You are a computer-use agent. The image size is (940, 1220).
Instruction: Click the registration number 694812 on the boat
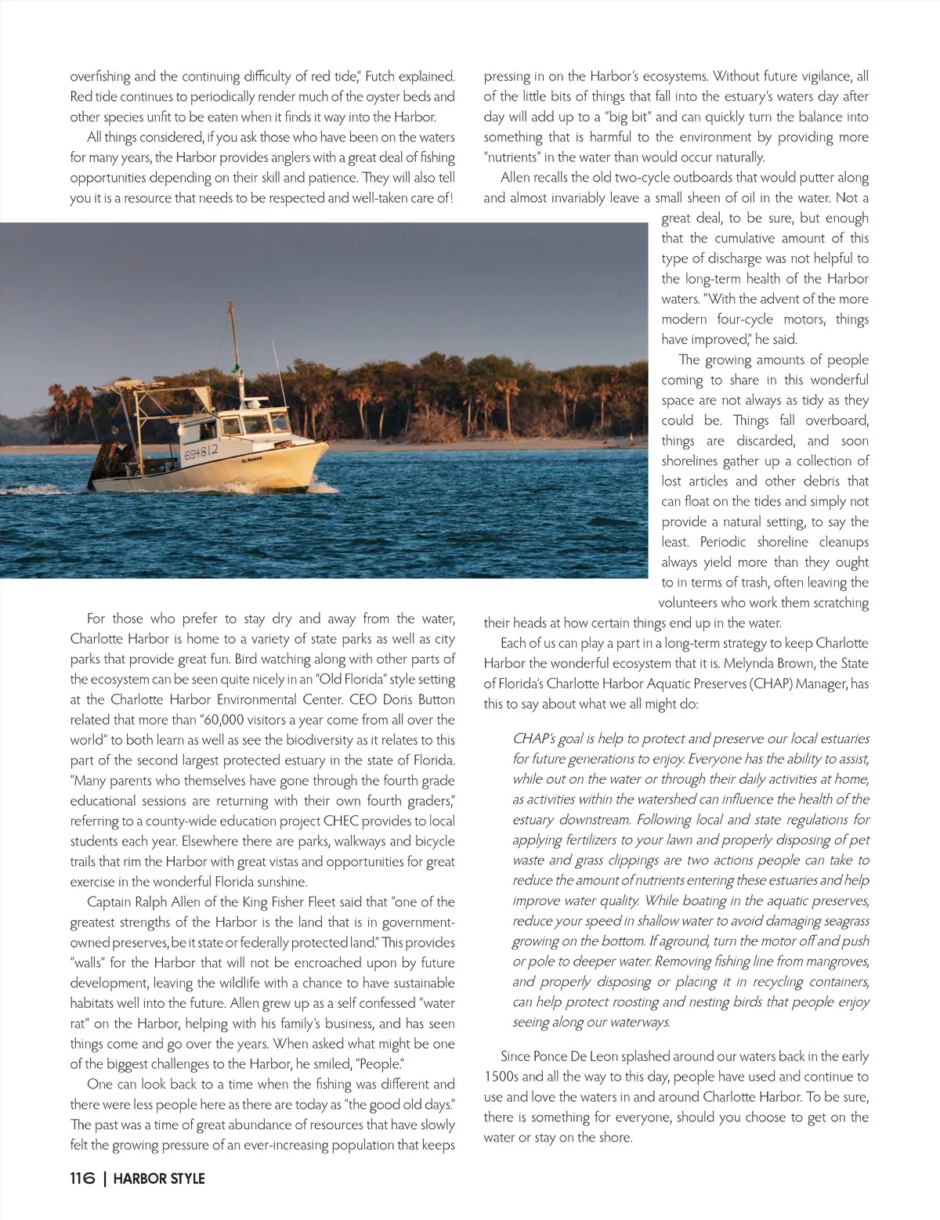click(201, 452)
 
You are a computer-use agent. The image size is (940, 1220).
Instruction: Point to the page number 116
click(82, 1178)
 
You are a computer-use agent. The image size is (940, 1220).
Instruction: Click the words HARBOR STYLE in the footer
click(159, 1178)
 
